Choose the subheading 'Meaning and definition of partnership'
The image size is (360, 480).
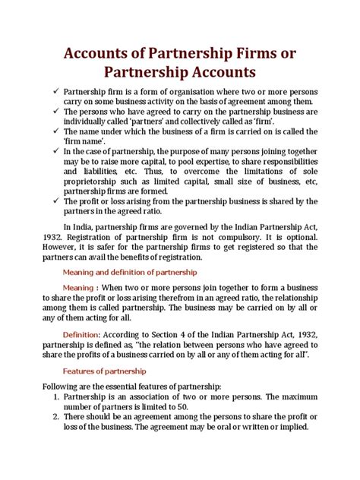[129, 271]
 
